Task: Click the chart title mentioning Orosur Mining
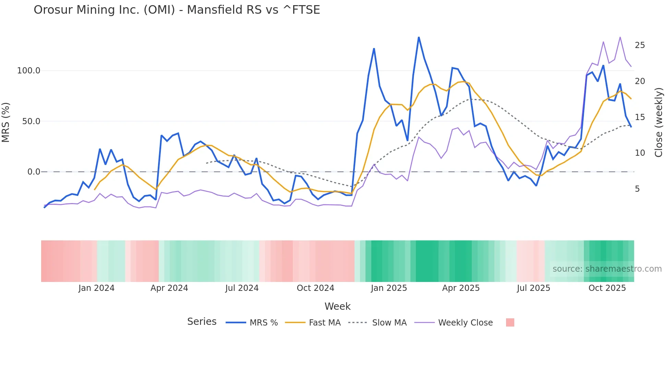pyautogui.click(x=177, y=10)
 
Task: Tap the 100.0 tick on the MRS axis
pyautogui.click(x=28, y=71)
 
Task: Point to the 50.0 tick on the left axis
pyautogui.click(x=31, y=121)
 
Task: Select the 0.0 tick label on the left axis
pyautogui.click(x=34, y=172)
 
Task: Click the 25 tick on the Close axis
pyautogui.click(x=640, y=45)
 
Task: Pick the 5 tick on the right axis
pyautogui.click(x=637, y=189)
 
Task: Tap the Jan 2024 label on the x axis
pyautogui.click(x=96, y=288)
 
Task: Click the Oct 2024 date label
pyautogui.click(x=315, y=288)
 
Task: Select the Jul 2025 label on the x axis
pyautogui.click(x=533, y=288)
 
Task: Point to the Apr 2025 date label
pyautogui.click(x=461, y=288)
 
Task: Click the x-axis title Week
pyautogui.click(x=337, y=306)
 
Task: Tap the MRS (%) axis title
pyautogui.click(x=6, y=122)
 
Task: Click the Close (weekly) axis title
pyautogui.click(x=658, y=122)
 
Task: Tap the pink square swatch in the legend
pyautogui.click(x=510, y=322)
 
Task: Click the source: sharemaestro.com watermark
pyautogui.click(x=607, y=269)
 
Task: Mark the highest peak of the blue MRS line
pyautogui.click(x=419, y=37)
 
